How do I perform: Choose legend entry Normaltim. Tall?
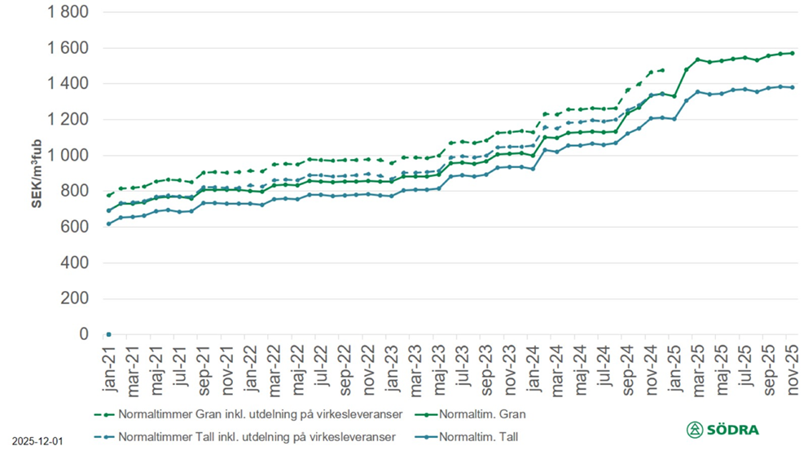[481, 436]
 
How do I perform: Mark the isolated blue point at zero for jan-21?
[108, 334]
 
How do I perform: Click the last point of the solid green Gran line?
[792, 53]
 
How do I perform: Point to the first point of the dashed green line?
[108, 195]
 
